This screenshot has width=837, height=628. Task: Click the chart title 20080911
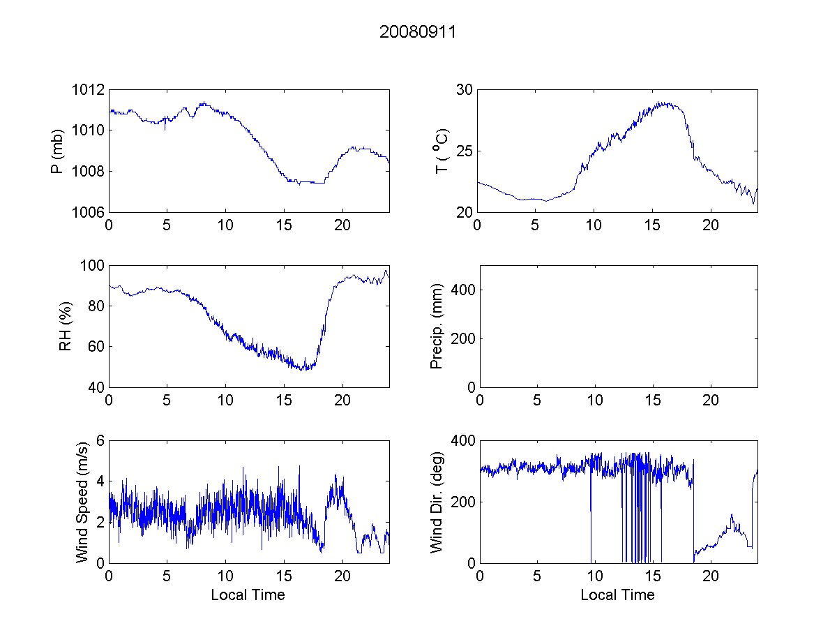418,32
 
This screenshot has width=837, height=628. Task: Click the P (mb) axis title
59,151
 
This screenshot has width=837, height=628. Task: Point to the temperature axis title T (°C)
441,151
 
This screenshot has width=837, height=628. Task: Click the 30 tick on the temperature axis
465,90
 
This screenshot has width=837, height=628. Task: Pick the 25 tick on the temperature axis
465,151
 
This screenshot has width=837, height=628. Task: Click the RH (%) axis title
66,327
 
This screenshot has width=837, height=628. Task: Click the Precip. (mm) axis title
437,327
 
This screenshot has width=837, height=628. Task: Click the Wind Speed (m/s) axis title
82,501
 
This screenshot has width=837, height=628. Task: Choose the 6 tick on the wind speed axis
100,441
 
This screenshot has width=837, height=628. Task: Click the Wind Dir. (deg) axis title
437,501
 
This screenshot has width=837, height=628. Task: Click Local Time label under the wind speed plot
248,595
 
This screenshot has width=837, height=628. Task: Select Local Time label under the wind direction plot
617,595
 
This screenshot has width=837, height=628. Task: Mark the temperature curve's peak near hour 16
665,103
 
